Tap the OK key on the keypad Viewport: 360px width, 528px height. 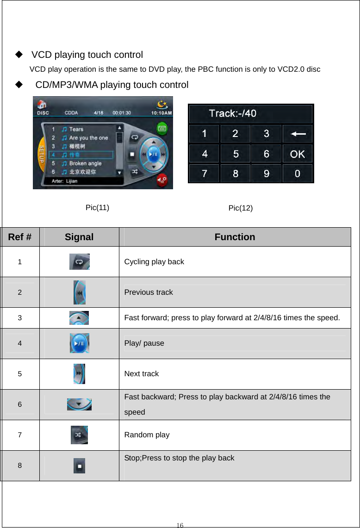coord(297,154)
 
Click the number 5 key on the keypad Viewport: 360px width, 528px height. coord(235,154)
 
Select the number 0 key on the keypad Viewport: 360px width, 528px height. coord(297,174)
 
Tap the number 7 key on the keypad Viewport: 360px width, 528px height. coord(204,174)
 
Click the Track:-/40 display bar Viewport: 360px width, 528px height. coord(250,114)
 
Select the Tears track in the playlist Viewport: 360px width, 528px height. coord(76,129)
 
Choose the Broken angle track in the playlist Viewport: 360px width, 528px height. coord(85,163)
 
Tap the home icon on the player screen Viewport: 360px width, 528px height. coord(42,104)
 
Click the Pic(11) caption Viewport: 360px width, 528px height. coord(97,207)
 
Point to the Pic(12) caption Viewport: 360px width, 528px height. coord(241,208)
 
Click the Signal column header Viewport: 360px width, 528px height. coord(79,237)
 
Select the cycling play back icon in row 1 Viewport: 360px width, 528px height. coord(79,261)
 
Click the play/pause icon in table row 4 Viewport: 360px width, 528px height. coord(79,343)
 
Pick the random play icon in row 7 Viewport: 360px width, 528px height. coord(79,435)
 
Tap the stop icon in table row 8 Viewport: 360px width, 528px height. coord(79,465)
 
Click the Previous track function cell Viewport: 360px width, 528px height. coord(149,292)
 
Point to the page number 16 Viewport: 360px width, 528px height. coord(180,525)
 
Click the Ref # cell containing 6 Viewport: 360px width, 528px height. coord(19,404)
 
